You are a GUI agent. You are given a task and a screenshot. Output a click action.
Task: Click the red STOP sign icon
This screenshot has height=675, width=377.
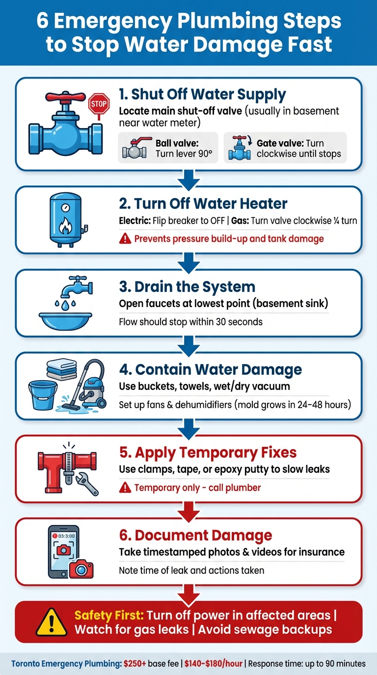pyautogui.click(x=98, y=104)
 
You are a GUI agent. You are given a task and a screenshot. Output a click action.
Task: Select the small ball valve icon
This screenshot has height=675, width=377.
pyautogui.click(x=137, y=148)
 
